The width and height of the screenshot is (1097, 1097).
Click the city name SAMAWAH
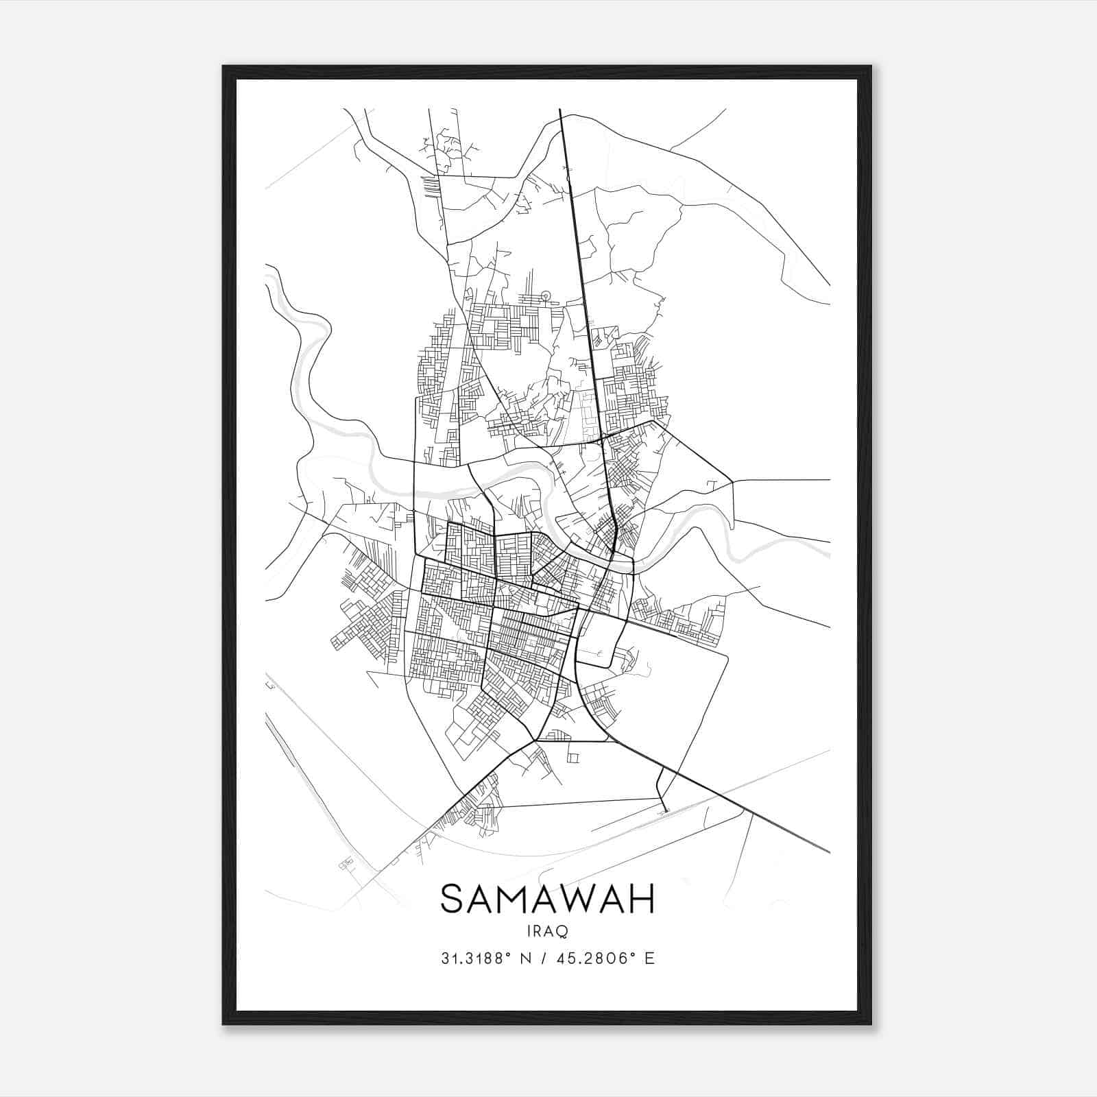pos(547,899)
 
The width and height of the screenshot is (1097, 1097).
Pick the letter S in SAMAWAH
pos(453,899)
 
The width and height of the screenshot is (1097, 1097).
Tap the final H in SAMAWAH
pos(642,899)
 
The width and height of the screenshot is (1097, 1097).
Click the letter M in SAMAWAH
pos(517,899)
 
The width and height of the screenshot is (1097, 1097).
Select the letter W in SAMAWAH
pos(579,899)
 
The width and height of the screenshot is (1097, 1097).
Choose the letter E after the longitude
pos(649,958)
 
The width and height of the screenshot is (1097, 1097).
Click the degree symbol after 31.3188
pos(508,954)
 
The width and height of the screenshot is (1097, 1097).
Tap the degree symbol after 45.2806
pos(631,954)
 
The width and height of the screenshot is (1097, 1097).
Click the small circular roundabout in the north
pos(546,296)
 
